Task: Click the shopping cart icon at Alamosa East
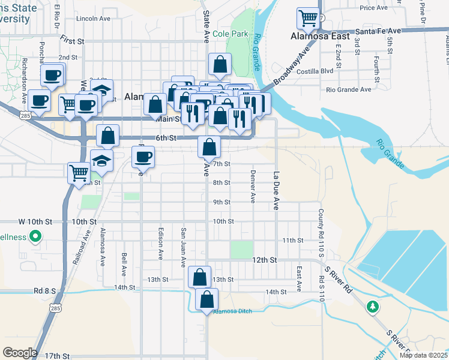(308, 19)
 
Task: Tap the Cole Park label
(230, 34)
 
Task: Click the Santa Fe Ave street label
(378, 31)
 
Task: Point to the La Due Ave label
(277, 191)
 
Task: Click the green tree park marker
(373, 307)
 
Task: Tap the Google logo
(20, 353)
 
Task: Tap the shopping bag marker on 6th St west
(107, 136)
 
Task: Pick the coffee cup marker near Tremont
(143, 157)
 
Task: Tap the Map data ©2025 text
(423, 355)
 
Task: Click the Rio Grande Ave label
(349, 89)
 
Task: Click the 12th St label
(264, 260)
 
